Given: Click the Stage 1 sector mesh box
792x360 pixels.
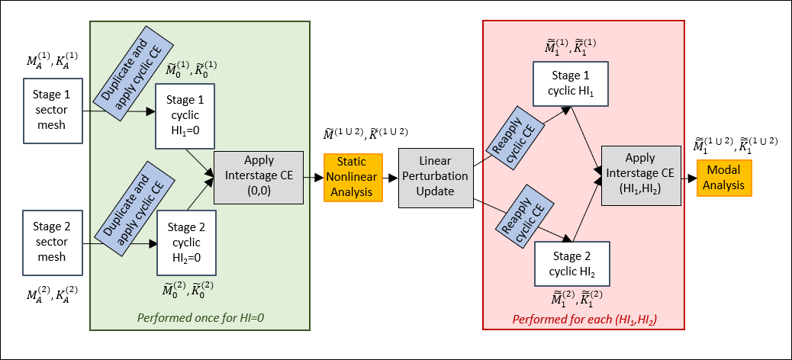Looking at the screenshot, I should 53,110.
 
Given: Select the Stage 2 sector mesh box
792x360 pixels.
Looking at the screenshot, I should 53,241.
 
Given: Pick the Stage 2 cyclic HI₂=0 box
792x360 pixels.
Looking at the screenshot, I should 185,243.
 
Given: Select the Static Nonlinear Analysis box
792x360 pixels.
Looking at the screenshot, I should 352,177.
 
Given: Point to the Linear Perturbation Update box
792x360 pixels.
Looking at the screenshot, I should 436,177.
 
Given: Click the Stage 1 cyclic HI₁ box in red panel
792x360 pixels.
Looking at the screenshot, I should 571,84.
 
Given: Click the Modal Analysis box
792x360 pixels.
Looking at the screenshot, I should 723,177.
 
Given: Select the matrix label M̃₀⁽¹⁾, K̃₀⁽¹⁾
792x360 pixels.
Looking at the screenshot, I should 191,70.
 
